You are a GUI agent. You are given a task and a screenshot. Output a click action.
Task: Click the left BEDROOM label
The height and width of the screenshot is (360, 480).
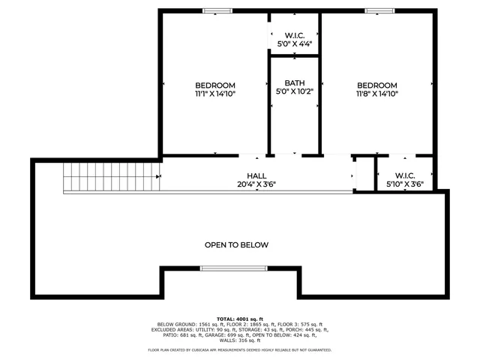coord(215,85)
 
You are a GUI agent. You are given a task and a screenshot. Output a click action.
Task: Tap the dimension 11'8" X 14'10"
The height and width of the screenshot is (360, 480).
coord(376,94)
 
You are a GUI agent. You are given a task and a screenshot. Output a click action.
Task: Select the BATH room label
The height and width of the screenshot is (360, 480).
coord(294,82)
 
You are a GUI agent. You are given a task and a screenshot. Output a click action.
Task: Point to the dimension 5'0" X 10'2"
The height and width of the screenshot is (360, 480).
coord(294,91)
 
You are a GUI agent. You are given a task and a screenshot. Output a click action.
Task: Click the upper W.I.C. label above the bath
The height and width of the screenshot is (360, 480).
coord(294,34)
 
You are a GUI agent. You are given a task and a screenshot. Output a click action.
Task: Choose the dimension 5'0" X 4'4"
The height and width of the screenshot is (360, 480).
coord(294,43)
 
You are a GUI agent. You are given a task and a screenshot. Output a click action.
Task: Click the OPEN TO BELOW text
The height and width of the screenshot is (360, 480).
coord(236,244)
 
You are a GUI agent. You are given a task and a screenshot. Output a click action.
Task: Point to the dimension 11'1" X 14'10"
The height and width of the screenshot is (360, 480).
coord(215,94)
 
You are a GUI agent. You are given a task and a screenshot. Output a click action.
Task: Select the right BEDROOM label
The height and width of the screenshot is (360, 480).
coord(376,85)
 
